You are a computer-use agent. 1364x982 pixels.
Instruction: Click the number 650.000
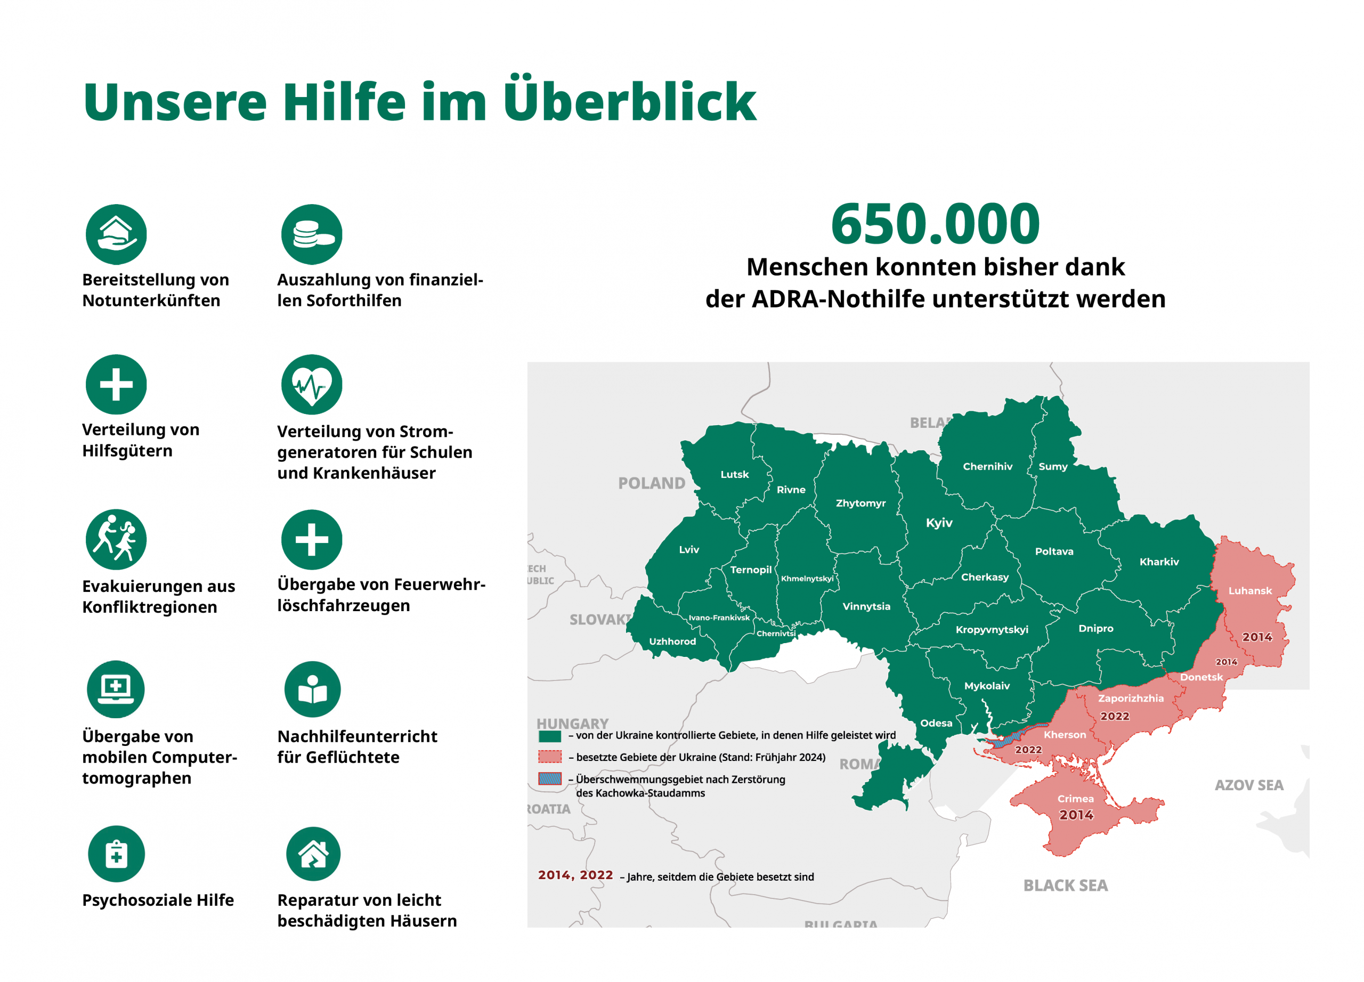point(935,224)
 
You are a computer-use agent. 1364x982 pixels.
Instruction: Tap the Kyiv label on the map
point(939,523)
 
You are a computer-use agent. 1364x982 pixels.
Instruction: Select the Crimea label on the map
point(1075,799)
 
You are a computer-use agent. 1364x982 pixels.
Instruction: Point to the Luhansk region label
point(1250,590)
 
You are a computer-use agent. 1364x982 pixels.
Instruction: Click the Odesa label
point(936,723)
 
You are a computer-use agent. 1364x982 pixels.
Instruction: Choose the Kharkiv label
point(1159,562)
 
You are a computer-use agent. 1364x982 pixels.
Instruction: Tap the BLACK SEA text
point(1065,885)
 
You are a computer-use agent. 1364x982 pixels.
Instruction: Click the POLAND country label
point(651,483)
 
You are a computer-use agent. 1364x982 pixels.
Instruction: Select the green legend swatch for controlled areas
point(550,735)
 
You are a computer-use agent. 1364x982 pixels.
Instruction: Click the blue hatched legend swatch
point(550,779)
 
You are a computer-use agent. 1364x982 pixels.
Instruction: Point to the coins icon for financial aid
point(312,234)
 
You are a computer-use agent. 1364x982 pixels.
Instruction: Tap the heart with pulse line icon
point(312,384)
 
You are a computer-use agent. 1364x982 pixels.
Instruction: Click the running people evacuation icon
point(116,539)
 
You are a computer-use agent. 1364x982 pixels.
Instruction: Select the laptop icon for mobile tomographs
point(116,689)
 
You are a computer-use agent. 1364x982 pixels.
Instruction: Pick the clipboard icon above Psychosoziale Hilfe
point(116,854)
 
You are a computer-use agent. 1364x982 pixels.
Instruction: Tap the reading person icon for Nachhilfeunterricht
point(312,689)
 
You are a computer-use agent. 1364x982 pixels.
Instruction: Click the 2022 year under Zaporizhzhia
point(1115,716)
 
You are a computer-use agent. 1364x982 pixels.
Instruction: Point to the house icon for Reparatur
point(313,854)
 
